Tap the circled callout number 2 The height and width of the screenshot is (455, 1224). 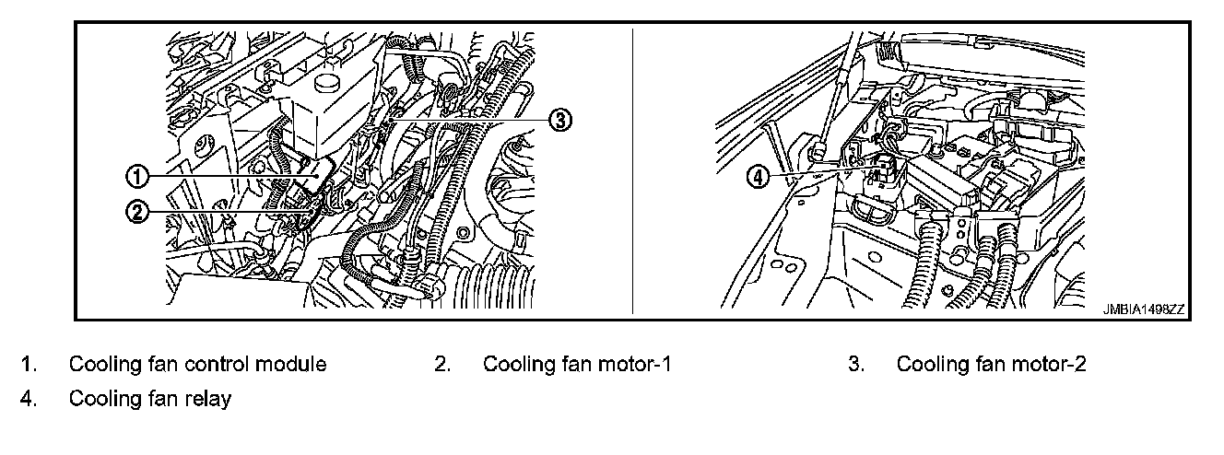point(136,211)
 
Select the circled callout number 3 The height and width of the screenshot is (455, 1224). point(560,118)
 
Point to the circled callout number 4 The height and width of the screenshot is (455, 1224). point(758,176)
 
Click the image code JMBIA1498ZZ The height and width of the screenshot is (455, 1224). point(1144,310)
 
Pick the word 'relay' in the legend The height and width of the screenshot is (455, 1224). point(209,399)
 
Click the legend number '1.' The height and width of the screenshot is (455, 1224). point(29,365)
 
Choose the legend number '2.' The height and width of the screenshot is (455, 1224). point(442,365)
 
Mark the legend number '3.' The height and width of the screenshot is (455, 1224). point(856,365)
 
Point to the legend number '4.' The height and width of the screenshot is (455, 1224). point(29,399)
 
